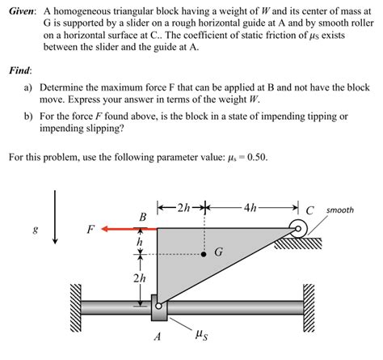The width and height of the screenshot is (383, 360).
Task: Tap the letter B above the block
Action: click(x=142, y=216)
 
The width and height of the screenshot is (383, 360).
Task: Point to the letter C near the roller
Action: click(x=310, y=211)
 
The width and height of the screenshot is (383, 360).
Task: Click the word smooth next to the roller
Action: click(x=340, y=210)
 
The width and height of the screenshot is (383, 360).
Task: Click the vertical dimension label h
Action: click(x=140, y=241)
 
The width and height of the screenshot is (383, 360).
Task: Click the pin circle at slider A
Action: click(x=158, y=307)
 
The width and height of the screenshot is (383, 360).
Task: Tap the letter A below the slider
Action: click(x=158, y=336)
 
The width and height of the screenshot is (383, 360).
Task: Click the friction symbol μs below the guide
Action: click(x=202, y=332)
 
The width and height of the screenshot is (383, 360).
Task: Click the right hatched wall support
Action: click(x=308, y=307)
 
